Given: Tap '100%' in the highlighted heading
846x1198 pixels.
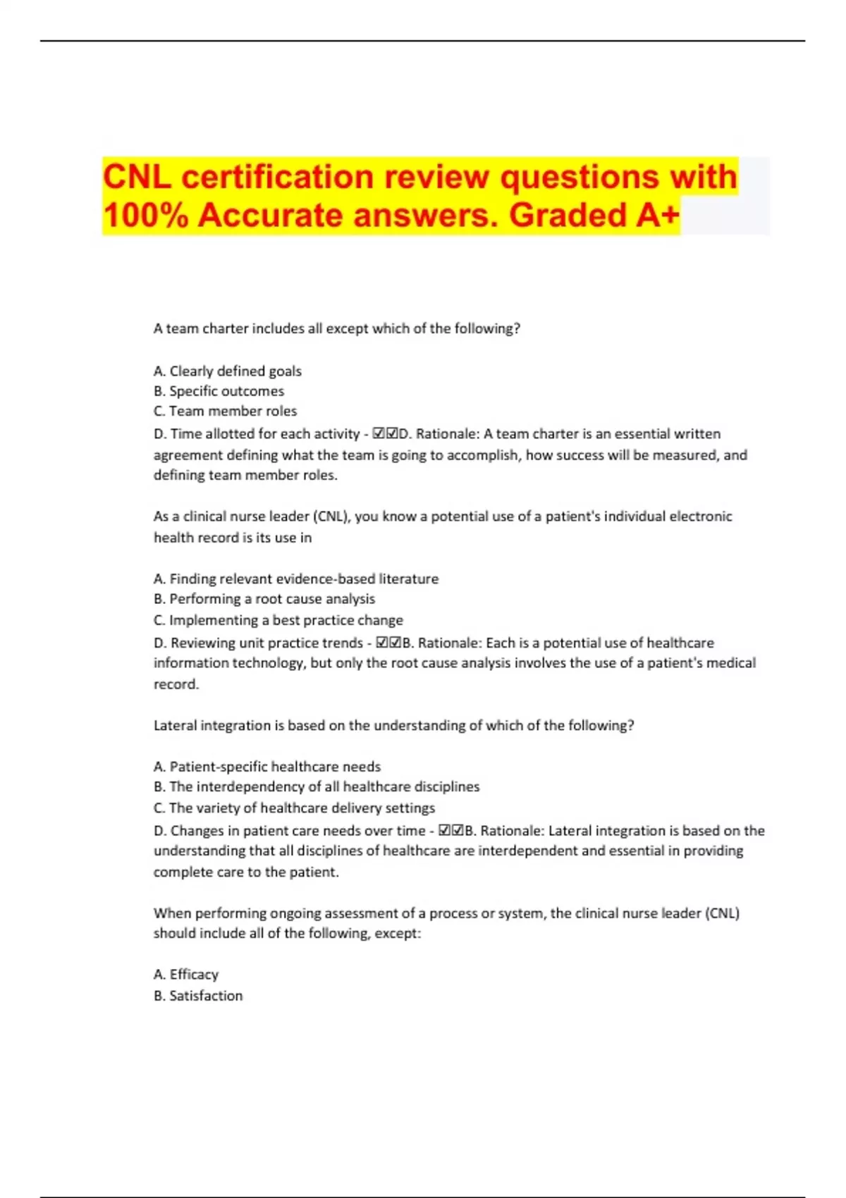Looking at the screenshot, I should (145, 215).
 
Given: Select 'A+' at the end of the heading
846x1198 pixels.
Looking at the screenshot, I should (657, 215).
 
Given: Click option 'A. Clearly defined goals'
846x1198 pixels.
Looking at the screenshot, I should (227, 371).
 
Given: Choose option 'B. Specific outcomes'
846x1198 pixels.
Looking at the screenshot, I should (219, 391).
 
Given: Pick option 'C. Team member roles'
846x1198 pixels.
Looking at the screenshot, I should (225, 411).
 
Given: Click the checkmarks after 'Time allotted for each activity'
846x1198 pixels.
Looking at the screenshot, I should (386, 433).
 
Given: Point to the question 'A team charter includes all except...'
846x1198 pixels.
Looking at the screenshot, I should (336, 328).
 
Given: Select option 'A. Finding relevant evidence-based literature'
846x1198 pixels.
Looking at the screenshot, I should (295, 579).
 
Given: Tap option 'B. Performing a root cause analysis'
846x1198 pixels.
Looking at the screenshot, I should (264, 599).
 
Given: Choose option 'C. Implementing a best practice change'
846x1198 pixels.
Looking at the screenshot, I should (278, 620).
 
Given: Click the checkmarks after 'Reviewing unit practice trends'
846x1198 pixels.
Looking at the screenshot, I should (388, 643).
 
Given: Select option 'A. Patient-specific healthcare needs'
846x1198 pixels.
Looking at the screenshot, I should (266, 767).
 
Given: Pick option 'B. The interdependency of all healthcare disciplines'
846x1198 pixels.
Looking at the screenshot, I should (316, 786).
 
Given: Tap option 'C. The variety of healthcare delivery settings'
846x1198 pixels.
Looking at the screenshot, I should (294, 808).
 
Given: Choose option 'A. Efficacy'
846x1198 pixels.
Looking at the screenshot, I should (185, 975).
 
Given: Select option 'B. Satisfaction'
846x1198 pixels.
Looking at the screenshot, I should (197, 996).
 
